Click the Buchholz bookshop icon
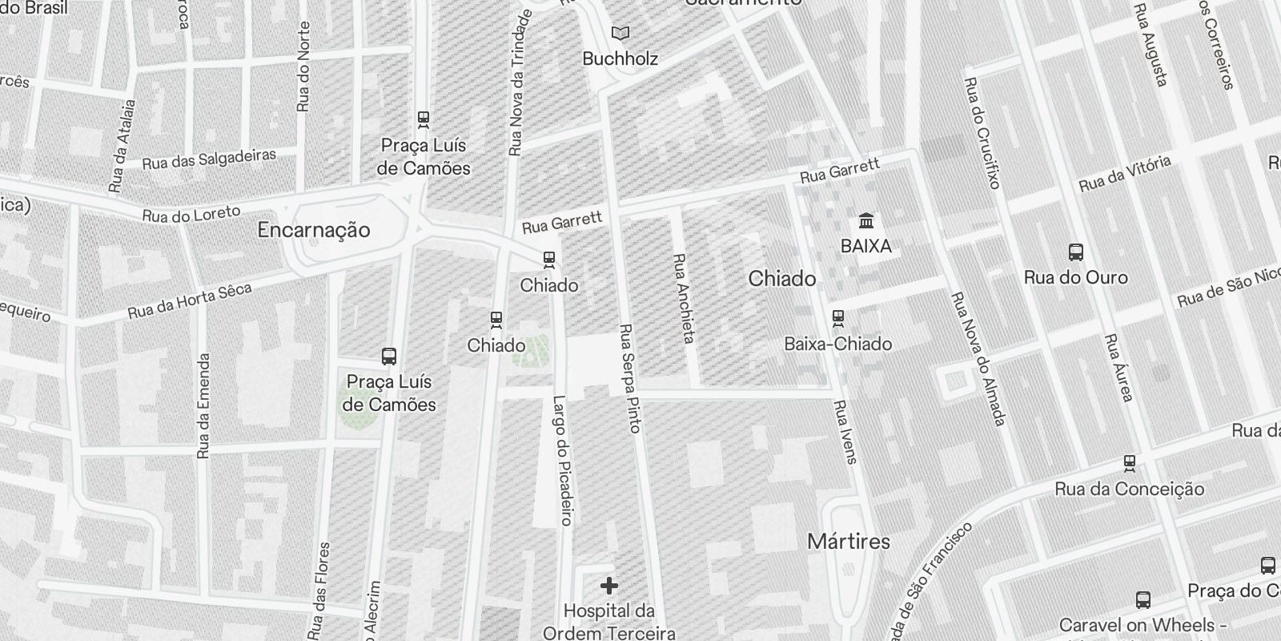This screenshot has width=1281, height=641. (620, 34)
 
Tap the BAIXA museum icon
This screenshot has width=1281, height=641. (865, 220)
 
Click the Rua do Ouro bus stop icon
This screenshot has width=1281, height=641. (1076, 252)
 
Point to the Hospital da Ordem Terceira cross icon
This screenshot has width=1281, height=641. (608, 586)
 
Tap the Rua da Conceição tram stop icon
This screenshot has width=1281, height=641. (1130, 462)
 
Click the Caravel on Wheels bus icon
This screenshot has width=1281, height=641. (1143, 599)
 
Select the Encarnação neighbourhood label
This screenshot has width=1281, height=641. (314, 231)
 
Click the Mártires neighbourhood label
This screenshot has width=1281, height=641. (849, 542)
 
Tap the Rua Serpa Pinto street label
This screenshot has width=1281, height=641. (630, 378)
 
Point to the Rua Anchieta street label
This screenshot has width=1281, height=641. (683, 298)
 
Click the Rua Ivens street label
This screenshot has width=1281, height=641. (845, 432)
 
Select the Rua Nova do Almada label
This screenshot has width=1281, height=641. (978, 357)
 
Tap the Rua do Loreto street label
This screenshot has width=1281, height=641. (191, 214)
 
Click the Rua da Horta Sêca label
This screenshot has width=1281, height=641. (190, 300)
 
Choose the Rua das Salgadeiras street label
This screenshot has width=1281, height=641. (209, 159)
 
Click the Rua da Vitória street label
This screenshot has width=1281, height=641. (1125, 174)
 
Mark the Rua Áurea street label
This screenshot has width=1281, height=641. (1118, 368)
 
